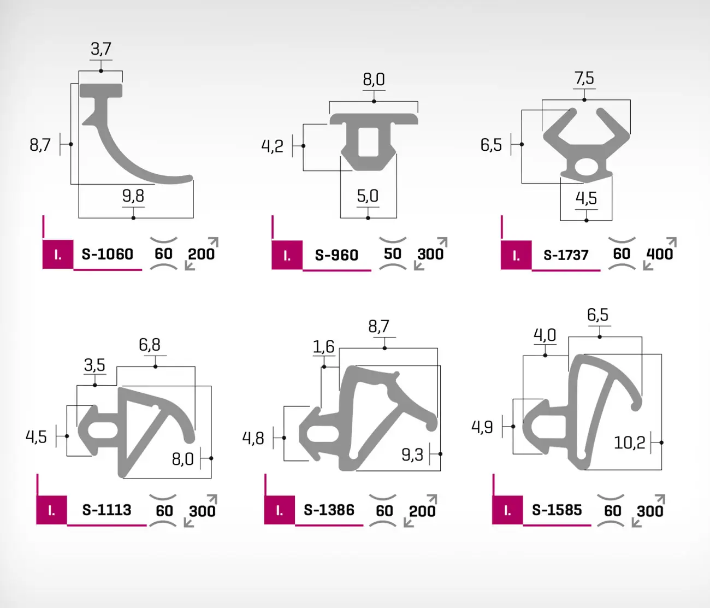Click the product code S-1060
(x=107, y=254)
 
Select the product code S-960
(x=336, y=255)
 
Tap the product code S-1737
(x=566, y=255)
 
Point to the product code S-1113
(x=107, y=510)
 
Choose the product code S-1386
(x=329, y=510)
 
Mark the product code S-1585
(x=557, y=510)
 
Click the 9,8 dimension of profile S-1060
(x=133, y=196)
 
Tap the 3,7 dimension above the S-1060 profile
(x=101, y=49)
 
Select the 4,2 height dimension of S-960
(x=273, y=146)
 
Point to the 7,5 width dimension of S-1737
(x=584, y=78)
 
